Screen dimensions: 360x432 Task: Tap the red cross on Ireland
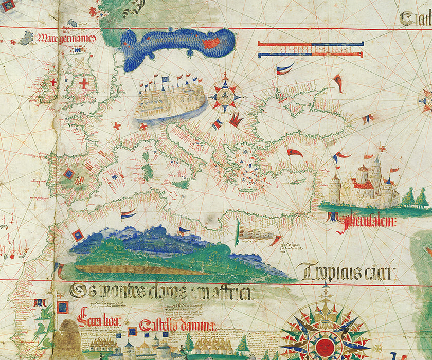(53, 82)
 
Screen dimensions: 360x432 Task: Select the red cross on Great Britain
(83, 83)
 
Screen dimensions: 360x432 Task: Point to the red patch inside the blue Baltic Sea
(211, 43)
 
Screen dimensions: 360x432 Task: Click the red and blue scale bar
(310, 49)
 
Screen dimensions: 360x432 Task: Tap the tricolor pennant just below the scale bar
(284, 68)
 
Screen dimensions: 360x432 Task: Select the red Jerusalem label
(363, 221)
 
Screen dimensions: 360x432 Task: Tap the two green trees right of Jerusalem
(415, 198)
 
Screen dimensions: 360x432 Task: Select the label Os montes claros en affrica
(160, 292)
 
